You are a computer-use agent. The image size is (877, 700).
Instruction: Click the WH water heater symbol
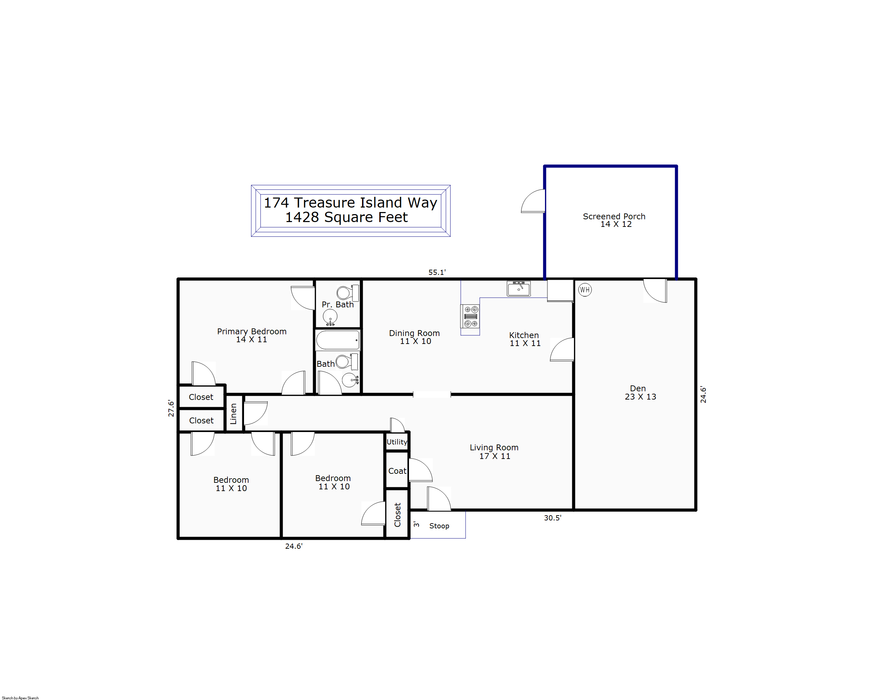click(x=585, y=290)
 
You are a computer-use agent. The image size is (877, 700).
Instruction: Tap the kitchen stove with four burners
click(x=470, y=316)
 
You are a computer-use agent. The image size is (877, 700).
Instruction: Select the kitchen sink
click(x=519, y=289)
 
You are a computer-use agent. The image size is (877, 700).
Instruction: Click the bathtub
click(x=338, y=340)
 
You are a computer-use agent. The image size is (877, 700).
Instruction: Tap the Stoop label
click(x=439, y=526)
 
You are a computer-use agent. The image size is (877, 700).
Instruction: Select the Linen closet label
click(x=233, y=413)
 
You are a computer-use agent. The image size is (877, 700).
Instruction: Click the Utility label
click(x=397, y=442)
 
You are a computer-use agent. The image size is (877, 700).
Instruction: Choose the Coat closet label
click(x=397, y=471)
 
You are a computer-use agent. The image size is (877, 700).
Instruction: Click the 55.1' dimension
click(x=437, y=272)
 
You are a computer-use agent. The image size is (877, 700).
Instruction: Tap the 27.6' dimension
click(x=171, y=408)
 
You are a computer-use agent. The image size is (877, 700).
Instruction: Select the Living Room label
click(x=494, y=452)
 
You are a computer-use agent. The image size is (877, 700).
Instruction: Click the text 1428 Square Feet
click(x=346, y=217)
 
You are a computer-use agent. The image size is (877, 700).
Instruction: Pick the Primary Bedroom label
click(x=252, y=335)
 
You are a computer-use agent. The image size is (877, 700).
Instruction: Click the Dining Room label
click(x=415, y=337)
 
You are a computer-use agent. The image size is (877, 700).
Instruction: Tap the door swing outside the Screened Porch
click(x=533, y=201)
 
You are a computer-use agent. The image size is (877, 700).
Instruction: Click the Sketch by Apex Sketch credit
click(x=20, y=698)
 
